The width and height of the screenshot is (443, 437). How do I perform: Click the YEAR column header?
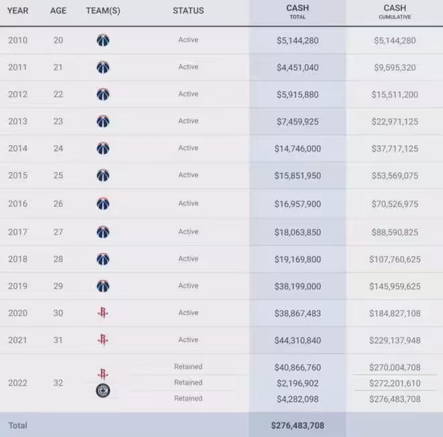coord(18,11)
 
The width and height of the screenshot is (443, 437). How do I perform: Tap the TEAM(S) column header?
coord(103,11)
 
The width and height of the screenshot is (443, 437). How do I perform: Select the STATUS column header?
coord(188,11)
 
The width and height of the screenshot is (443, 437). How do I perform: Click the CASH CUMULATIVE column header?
coord(395,11)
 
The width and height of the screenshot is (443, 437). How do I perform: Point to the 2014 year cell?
coord(18,148)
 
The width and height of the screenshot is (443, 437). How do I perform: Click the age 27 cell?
coord(58,232)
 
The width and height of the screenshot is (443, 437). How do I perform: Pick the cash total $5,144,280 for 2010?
coord(297,40)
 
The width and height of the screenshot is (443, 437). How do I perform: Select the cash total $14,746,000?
coord(297,148)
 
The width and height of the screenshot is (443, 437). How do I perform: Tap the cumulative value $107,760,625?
coord(395,259)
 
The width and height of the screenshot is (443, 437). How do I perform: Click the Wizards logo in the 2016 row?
coord(103,204)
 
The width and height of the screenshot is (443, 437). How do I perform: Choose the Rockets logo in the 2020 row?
coord(103,313)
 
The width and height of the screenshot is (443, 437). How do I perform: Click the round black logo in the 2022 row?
coord(103,391)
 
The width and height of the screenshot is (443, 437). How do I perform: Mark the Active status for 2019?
coord(188,286)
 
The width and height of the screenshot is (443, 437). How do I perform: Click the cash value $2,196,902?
coord(297,383)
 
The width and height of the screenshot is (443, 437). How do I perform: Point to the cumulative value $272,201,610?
coord(395,383)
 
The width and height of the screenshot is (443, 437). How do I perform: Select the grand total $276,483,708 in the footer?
coord(297,426)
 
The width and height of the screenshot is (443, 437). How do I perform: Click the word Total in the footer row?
coord(18,426)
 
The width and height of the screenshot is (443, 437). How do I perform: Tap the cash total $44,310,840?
coord(297,340)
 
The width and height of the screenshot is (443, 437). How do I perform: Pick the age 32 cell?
coord(58,383)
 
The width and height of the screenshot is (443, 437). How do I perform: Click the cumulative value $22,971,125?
coord(395,121)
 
